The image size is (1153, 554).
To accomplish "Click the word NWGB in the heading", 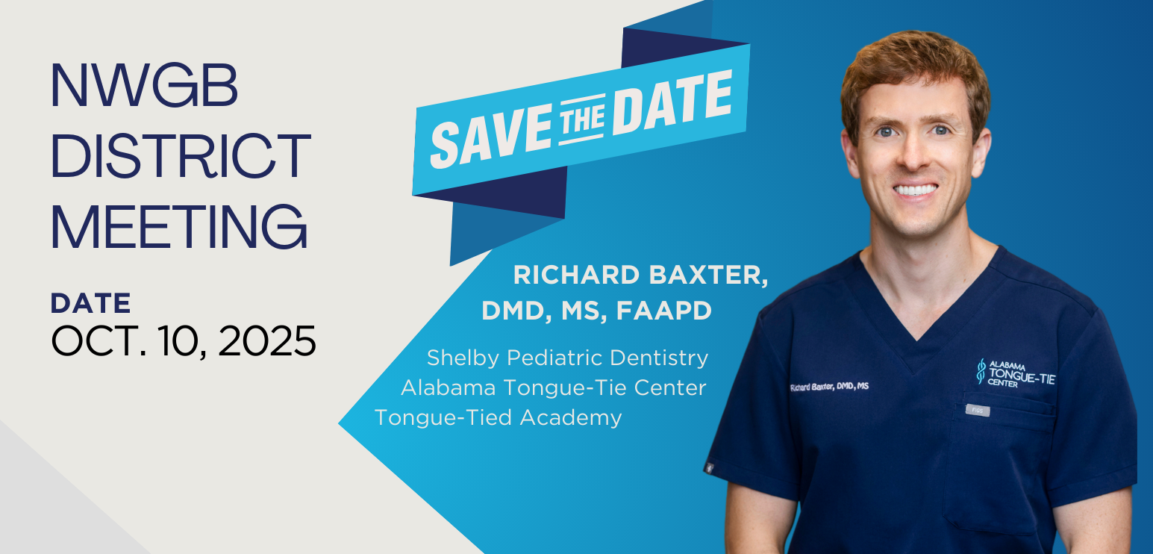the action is (x=145, y=85).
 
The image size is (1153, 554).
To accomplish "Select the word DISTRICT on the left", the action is (x=181, y=155).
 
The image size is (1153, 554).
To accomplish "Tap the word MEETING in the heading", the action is (x=180, y=225).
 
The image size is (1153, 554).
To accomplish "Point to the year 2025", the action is (x=267, y=340).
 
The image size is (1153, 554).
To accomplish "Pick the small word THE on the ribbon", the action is (x=582, y=119).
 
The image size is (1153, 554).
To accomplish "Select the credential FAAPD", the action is (x=664, y=311).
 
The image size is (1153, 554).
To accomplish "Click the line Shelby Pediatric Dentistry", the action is (x=567, y=358).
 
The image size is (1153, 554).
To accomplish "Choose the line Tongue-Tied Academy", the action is (x=499, y=417).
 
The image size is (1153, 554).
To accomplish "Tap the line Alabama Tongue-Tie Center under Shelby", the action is (x=553, y=388).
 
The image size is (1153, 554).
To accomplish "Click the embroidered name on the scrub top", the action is (x=829, y=386).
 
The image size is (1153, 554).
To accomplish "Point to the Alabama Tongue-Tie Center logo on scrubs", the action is (x=1016, y=373).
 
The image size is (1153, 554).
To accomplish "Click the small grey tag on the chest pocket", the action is (x=978, y=411).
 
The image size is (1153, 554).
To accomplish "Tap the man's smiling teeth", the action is (x=916, y=190).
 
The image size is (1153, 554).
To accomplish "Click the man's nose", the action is (x=913, y=153).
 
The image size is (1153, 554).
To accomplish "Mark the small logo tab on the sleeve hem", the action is (x=709, y=468).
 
